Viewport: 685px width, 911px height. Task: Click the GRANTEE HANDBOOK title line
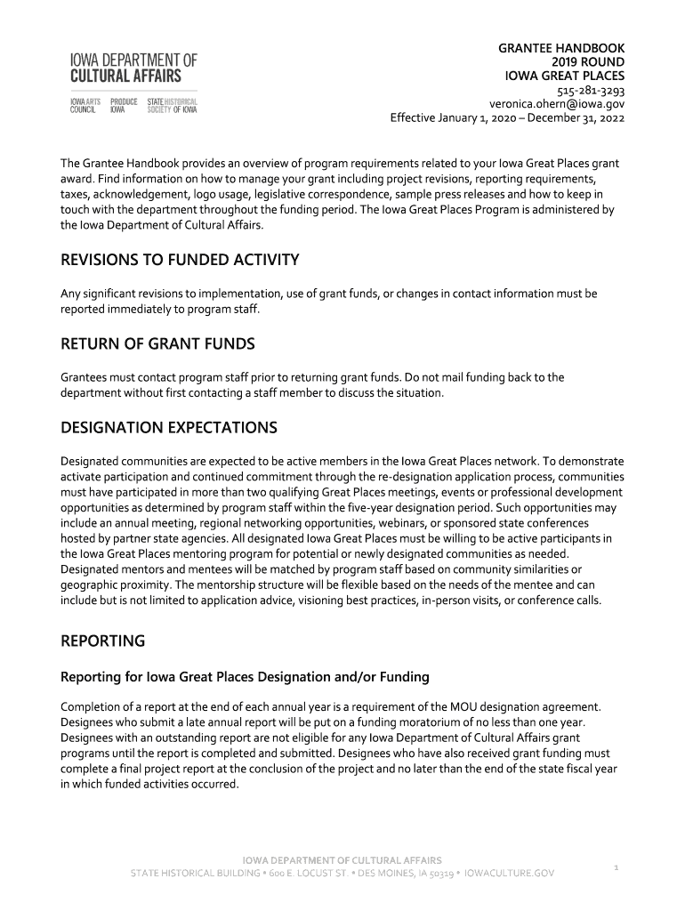pos(561,47)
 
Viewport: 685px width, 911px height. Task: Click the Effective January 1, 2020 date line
pos(507,118)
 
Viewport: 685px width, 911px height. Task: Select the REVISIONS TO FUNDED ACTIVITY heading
pos(179,260)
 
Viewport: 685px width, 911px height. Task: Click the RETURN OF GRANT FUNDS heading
pos(157,343)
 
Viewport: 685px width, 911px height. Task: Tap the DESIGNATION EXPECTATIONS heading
pos(168,428)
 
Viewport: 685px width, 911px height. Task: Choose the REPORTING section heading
pos(102,641)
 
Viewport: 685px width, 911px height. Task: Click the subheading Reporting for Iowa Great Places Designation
pos(245,677)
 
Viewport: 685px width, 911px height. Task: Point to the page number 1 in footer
pos(616,866)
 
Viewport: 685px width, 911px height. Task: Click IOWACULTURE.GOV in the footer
pos(510,874)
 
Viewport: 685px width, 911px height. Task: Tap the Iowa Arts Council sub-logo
pos(85,106)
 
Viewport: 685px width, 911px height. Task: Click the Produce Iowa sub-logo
pos(124,106)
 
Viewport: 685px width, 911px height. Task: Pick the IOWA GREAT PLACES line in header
pos(565,76)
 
